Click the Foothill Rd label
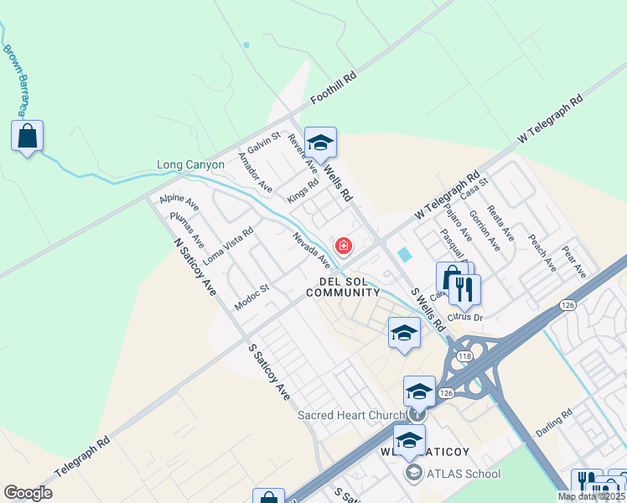pyautogui.click(x=334, y=86)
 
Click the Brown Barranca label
pyautogui.click(x=15, y=80)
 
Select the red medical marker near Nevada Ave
pyautogui.click(x=343, y=246)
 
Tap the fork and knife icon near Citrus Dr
pyautogui.click(x=464, y=290)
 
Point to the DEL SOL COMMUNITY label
pyautogui.click(x=343, y=287)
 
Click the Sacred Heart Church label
pyautogui.click(x=351, y=416)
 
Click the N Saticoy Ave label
pyautogui.click(x=194, y=266)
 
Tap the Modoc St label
pyautogui.click(x=251, y=298)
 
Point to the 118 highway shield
pyautogui.click(x=460, y=357)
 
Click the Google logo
pyautogui.click(x=28, y=493)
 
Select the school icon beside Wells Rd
pyautogui.click(x=320, y=143)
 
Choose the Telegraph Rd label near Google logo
pyautogui.click(x=82, y=457)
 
